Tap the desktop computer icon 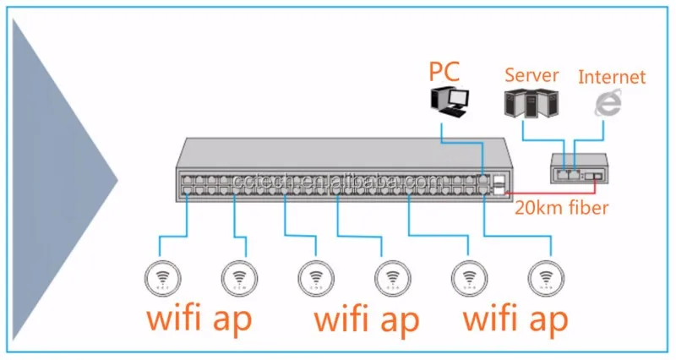click(449, 101)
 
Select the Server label click(532, 75)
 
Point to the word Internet click(612, 77)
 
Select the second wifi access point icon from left click(238, 276)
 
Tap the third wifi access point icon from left click(315, 276)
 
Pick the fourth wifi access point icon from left click(392, 276)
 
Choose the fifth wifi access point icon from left click(467, 276)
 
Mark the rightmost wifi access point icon click(544, 276)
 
